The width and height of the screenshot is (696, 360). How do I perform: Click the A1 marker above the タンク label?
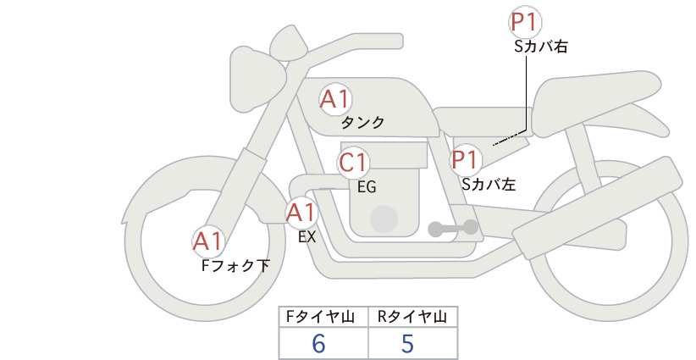point(335,99)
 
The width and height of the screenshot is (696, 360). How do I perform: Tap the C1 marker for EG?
point(353,163)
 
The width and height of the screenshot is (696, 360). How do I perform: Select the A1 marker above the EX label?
point(301,213)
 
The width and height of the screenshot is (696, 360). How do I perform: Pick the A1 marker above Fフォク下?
point(208,241)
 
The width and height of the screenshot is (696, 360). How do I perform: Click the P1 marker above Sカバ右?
point(525,22)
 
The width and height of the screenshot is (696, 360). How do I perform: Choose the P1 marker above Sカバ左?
point(465,160)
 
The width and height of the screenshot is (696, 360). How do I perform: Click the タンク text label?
point(362,123)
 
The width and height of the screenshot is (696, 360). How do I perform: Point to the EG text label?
point(367,187)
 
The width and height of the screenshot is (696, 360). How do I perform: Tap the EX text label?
point(307,237)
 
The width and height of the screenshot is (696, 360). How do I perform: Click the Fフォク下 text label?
point(235,265)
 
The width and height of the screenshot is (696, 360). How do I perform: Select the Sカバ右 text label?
point(541,47)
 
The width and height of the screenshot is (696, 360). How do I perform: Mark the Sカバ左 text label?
point(489,184)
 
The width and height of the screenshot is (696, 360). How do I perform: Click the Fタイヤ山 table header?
point(320,317)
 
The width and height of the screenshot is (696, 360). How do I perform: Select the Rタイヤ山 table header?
point(412,317)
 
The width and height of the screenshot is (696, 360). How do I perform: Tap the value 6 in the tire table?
point(318,343)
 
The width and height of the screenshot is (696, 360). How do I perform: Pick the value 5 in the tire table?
point(407,343)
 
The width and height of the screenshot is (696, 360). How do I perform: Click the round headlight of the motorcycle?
point(258,79)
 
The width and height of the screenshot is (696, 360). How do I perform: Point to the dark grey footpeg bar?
point(453,228)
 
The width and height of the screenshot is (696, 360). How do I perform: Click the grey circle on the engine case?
point(384,219)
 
